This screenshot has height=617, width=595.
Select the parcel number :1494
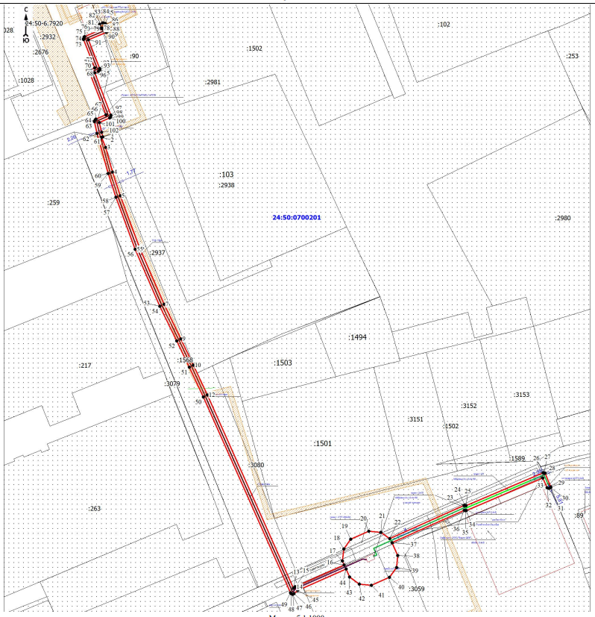click(x=358, y=337)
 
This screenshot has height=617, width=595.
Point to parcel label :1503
click(x=282, y=363)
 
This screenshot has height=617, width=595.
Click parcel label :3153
click(x=521, y=395)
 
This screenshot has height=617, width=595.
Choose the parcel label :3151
click(x=415, y=419)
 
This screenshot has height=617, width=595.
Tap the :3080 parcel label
click(x=256, y=465)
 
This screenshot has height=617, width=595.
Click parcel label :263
click(x=93, y=508)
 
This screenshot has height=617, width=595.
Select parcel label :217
click(x=84, y=365)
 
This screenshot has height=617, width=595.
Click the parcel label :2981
click(x=212, y=81)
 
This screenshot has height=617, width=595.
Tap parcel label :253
click(x=572, y=56)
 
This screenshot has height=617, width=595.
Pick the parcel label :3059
click(x=416, y=589)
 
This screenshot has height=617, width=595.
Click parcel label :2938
click(x=226, y=185)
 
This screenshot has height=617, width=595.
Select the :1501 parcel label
click(x=322, y=443)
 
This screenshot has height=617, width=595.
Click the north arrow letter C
click(x=26, y=10)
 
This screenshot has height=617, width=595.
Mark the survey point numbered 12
click(x=212, y=395)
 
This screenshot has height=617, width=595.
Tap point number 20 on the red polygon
click(x=364, y=519)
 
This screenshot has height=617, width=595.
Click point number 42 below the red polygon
click(x=361, y=598)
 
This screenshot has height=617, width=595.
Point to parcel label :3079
click(x=172, y=383)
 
